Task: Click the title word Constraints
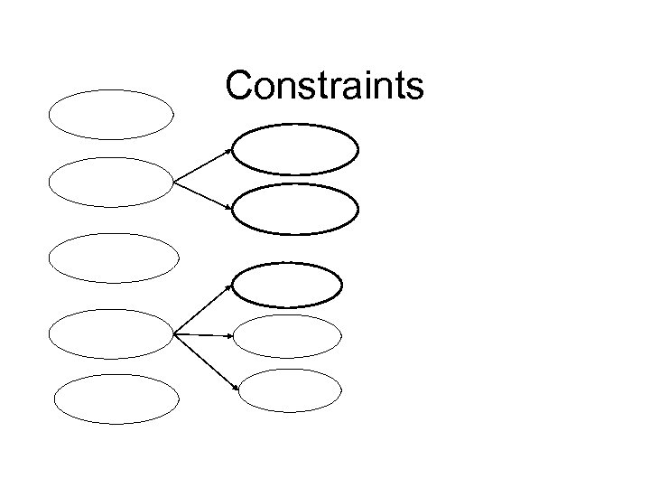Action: (324, 86)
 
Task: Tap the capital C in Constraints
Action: (239, 86)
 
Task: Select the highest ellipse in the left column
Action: (111, 115)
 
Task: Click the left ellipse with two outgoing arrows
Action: (110, 183)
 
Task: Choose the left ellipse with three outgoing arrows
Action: (110, 334)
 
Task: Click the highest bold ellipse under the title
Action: (295, 150)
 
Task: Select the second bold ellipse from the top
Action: (295, 209)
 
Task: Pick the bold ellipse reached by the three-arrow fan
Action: (288, 286)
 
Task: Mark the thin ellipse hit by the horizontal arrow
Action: (288, 337)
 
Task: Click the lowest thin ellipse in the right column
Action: (291, 389)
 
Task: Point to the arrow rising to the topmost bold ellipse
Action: (202, 165)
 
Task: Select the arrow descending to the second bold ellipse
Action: (203, 196)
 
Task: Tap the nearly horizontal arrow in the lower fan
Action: (204, 335)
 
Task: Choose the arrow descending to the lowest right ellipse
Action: (206, 361)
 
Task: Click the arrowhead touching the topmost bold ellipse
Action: (229, 150)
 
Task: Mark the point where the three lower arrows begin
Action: (173, 334)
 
